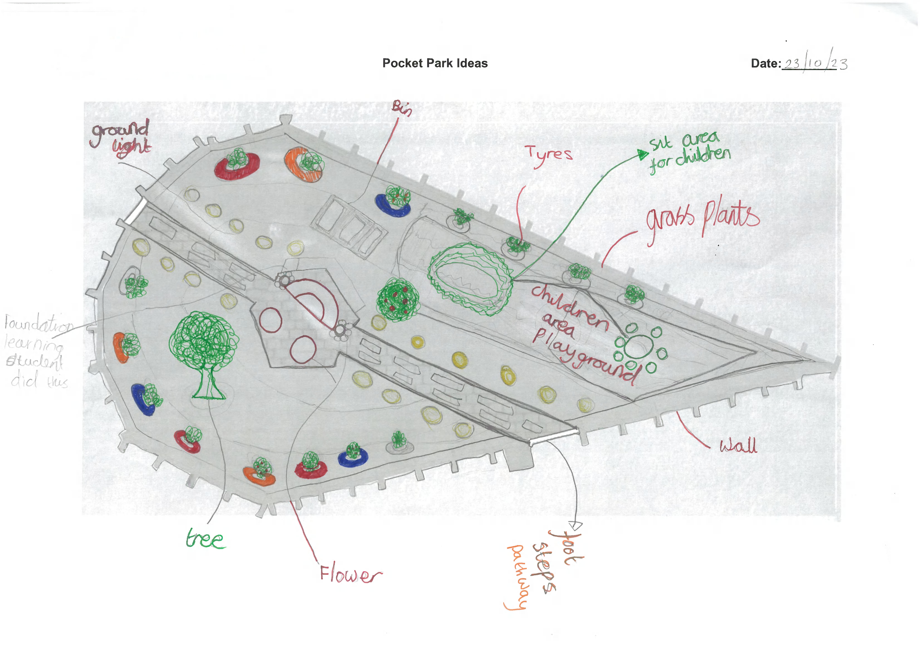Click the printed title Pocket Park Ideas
coord(435,63)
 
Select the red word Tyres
coord(549,155)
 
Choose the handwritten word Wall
coord(738,445)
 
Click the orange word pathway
coord(517,577)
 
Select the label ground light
coord(121,138)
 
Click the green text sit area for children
coord(689,152)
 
